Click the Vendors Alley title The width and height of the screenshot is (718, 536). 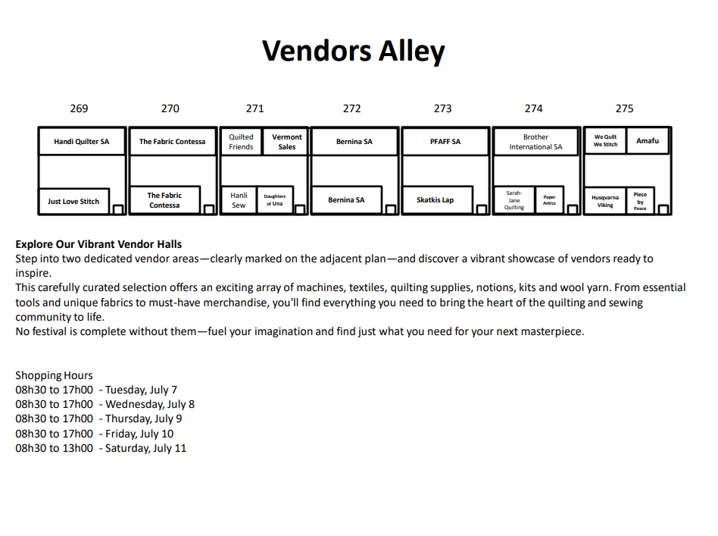pos(353,51)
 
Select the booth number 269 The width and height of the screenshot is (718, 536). pos(79,108)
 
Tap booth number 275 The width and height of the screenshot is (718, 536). pos(624,108)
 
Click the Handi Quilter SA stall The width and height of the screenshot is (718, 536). pos(82,141)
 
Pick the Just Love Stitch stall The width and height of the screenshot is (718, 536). pos(73,201)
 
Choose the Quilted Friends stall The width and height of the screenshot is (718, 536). pos(242,141)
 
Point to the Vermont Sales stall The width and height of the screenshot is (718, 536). pos(286,141)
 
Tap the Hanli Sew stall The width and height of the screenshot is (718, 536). pos(239,200)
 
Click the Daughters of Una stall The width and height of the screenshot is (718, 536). pos(275,200)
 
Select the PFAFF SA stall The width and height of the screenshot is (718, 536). pos(445,141)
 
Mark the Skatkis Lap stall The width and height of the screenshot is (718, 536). pos(437,200)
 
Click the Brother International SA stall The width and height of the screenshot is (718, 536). pos(535,142)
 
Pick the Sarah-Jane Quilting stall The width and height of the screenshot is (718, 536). pos(514,200)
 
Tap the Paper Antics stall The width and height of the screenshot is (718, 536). pos(549,200)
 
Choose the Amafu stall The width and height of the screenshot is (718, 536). pos(648,141)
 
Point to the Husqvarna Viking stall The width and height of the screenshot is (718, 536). pos(605,200)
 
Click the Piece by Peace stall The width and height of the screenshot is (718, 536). pos(640,200)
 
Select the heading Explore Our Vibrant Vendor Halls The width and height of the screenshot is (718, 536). pos(98,244)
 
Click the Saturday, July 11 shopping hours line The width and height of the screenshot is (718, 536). pos(101,448)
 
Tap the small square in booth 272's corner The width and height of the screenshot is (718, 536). pos(391,209)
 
